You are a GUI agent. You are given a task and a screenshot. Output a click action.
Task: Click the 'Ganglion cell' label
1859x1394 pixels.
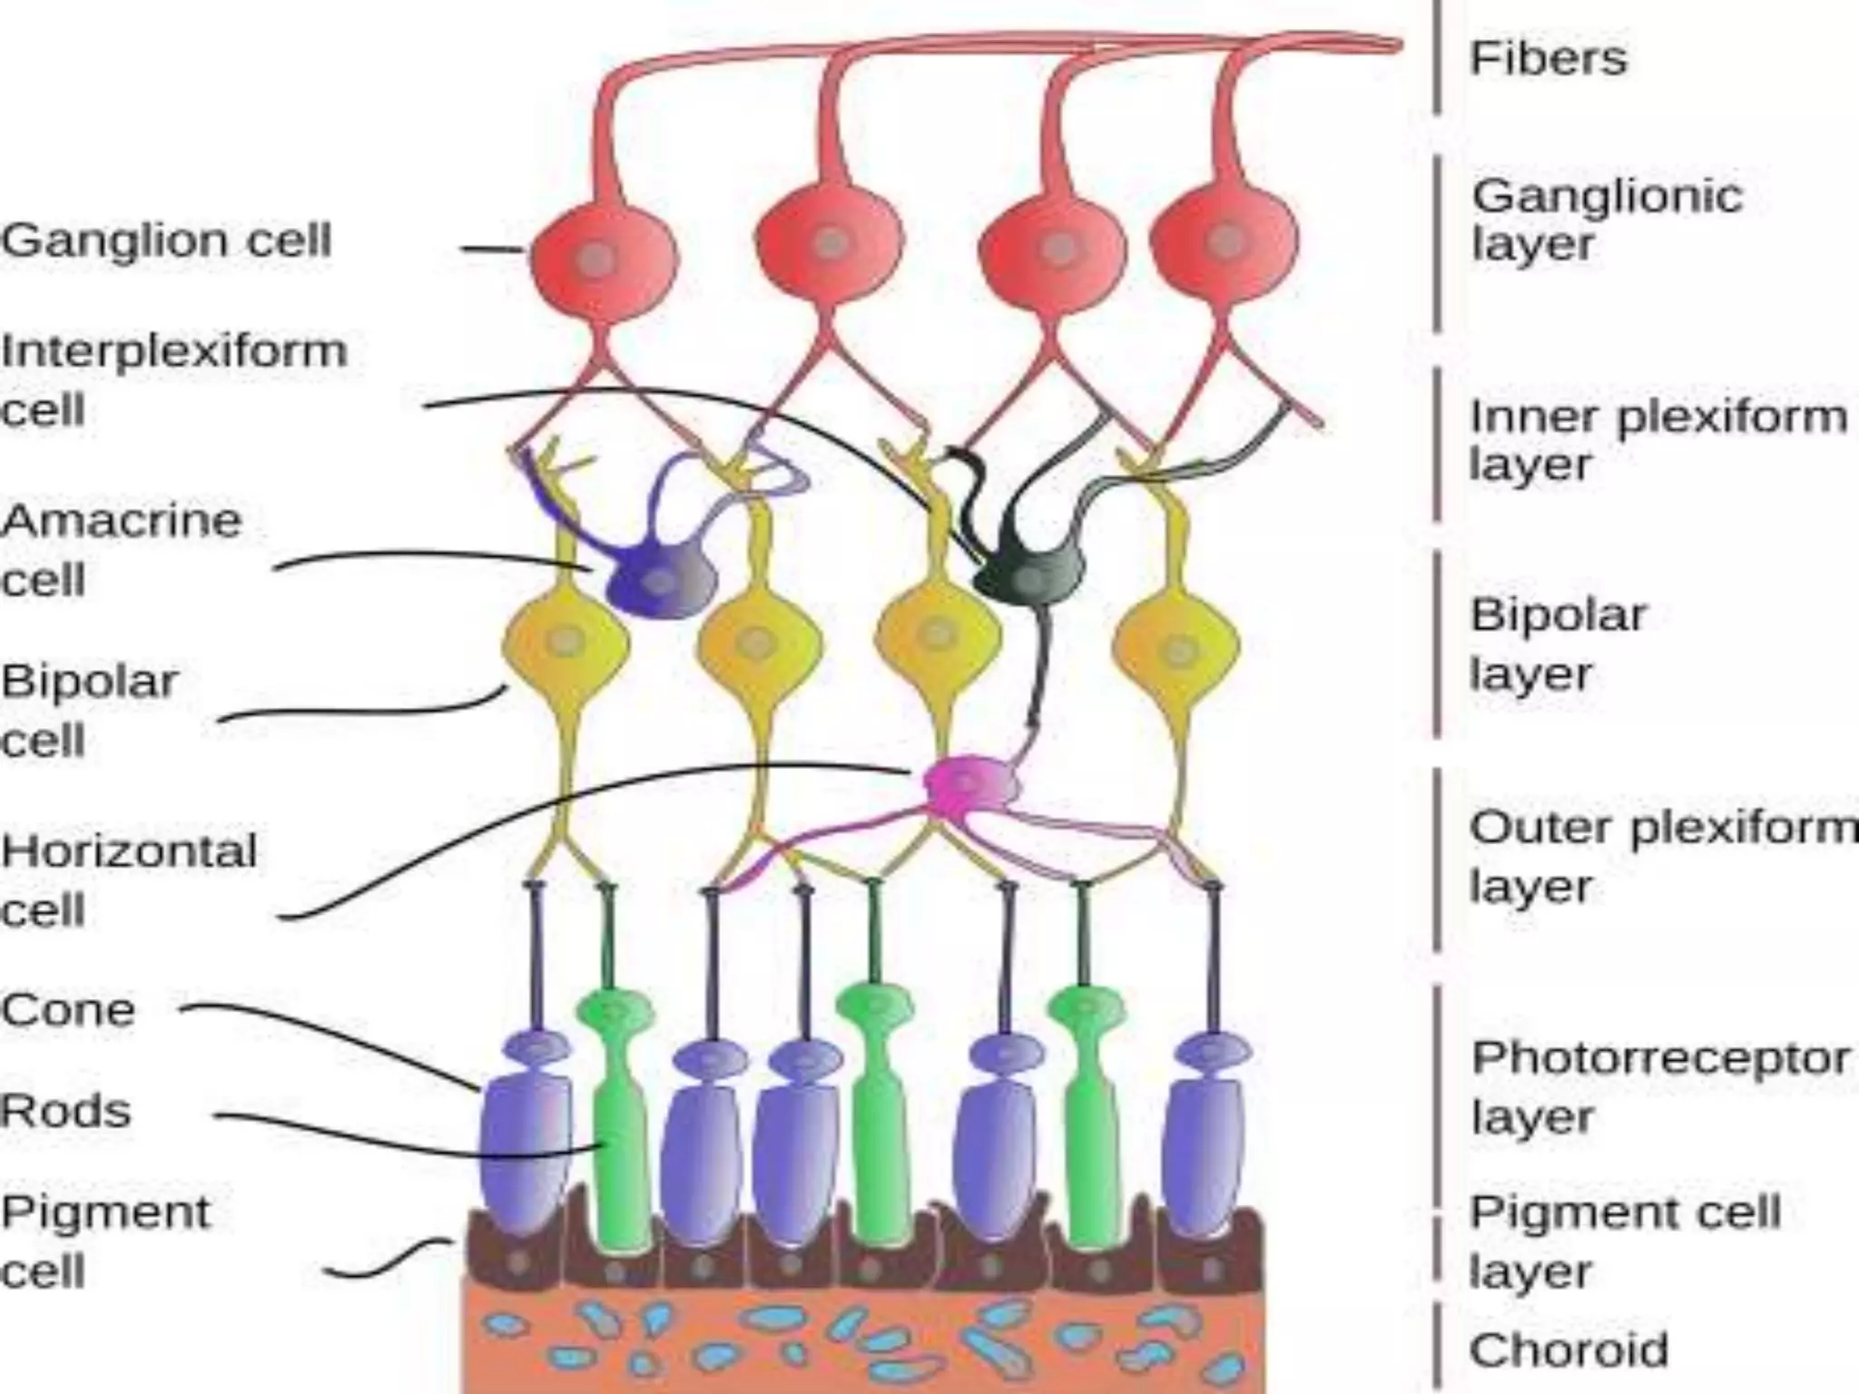166,241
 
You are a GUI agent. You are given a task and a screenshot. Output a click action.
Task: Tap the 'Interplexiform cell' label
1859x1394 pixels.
172,379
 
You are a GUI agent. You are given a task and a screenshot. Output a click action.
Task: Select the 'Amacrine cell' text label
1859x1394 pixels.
121,550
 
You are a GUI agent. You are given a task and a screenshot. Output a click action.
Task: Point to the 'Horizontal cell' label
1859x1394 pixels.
128,879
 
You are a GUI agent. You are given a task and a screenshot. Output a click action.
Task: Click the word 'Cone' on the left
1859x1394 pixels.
68,1010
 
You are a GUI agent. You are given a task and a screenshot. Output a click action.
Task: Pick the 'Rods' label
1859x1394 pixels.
65,1111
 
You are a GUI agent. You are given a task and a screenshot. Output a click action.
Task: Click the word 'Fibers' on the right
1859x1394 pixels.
1548,58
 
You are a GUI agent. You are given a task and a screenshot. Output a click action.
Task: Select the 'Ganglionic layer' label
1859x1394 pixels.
1606,220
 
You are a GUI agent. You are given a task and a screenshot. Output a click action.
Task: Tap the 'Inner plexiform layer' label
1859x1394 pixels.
1657,440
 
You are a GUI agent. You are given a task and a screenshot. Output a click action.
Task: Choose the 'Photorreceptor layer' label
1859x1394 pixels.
1659,1086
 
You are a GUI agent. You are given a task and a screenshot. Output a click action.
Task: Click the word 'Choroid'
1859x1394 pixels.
1569,1350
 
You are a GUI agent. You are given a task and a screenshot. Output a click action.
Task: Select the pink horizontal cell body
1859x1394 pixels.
969,782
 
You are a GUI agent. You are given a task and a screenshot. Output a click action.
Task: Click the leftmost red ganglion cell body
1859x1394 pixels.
603,259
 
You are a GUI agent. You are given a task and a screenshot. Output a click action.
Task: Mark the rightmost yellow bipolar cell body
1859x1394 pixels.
1176,648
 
